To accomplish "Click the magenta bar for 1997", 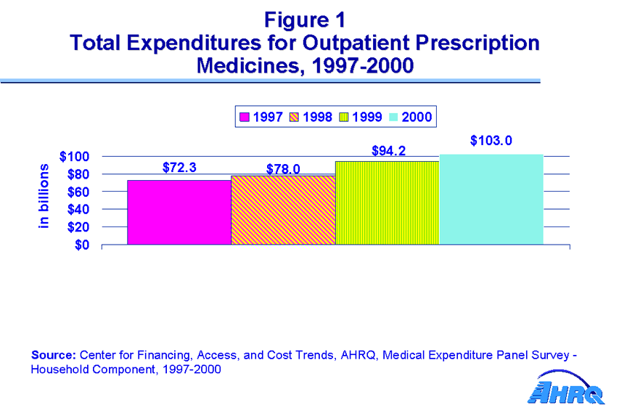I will coord(179,212).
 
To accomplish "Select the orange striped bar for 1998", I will coord(283,210).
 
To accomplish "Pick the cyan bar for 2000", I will coord(491,199).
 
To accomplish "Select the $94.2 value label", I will coord(388,151).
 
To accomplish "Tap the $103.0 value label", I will coord(491,141).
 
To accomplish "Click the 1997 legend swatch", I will coord(245,116).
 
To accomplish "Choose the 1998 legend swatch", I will coord(294,116).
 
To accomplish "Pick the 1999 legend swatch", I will coord(344,116).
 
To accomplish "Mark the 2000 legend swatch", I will coord(393,116).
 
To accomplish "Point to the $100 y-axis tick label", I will coord(75,157).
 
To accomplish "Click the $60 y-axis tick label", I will coord(78,192).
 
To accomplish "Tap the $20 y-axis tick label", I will coord(78,227).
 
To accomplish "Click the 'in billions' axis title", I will coord(44,196).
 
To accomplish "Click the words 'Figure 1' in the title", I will coord(305,19).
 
